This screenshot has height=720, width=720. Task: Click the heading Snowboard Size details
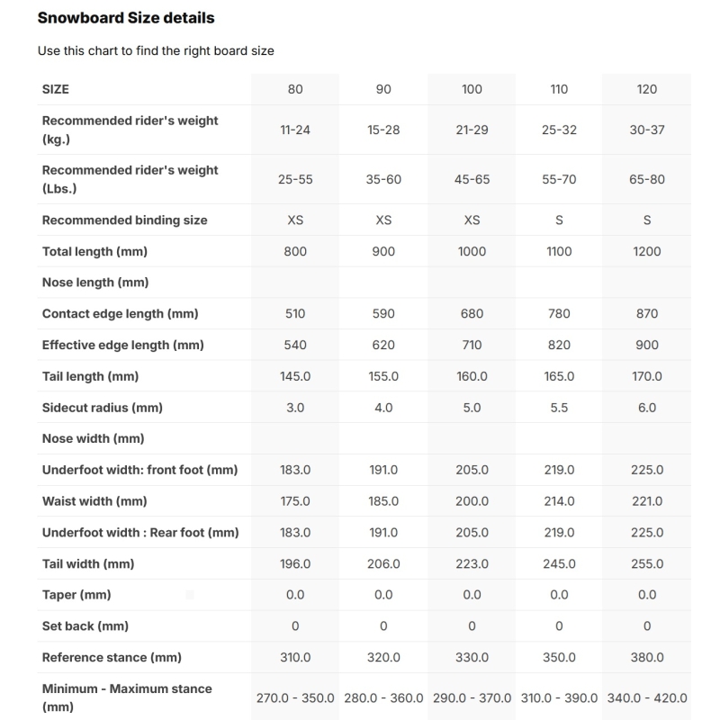[x=126, y=17]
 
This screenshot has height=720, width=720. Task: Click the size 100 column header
[x=472, y=89]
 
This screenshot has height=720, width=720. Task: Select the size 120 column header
[x=646, y=89]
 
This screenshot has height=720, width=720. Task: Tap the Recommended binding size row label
[x=125, y=220]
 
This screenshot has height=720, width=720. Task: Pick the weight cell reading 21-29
[x=472, y=130]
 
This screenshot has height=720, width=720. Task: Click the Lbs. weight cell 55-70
[x=559, y=179]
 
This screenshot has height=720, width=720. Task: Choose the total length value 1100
[x=559, y=251]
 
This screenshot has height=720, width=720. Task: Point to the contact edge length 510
[x=295, y=314]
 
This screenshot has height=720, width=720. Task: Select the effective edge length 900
[x=646, y=345]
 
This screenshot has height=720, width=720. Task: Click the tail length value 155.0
[x=383, y=376]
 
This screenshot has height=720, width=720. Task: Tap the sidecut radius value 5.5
[x=559, y=408]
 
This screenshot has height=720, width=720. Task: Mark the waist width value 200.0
[x=472, y=501]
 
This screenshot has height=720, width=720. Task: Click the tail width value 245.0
[x=559, y=563]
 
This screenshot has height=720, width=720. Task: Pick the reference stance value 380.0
[x=646, y=658]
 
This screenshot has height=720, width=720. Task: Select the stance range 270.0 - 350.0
[x=295, y=697]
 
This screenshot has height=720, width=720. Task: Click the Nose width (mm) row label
[x=94, y=438]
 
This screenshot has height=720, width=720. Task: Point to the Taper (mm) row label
[x=76, y=595]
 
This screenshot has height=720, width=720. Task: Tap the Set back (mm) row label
[x=85, y=626]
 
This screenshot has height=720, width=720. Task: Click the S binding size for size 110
[x=559, y=220]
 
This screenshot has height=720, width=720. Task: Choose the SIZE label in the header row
[x=56, y=89]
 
